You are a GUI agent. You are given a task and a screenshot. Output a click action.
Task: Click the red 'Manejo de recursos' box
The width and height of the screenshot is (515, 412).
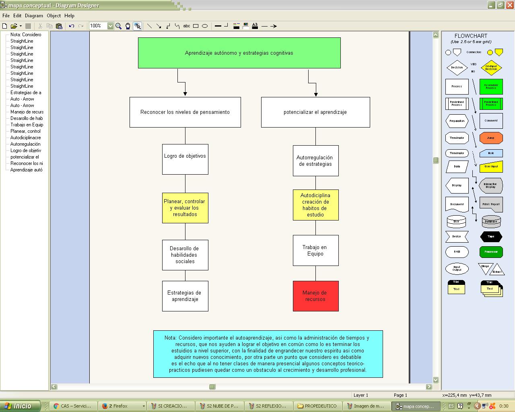point(315,296)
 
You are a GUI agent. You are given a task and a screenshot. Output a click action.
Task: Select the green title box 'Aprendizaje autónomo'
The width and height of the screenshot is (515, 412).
point(239,53)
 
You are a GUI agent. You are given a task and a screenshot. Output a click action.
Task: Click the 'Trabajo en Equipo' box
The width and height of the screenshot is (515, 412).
point(315,250)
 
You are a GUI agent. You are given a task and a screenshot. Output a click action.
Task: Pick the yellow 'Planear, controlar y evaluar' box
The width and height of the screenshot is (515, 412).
point(185,208)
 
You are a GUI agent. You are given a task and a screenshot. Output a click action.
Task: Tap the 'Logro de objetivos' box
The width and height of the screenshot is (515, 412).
point(185,159)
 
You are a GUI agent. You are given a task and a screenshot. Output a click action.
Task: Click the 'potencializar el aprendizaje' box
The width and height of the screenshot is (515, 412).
point(315,112)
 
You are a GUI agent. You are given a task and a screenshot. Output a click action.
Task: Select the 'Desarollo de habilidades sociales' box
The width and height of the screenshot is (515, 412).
point(185,255)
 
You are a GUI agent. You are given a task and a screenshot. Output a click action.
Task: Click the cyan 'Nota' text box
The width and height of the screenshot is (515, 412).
point(268,354)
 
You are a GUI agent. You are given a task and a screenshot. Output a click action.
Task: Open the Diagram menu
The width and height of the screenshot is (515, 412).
point(34,16)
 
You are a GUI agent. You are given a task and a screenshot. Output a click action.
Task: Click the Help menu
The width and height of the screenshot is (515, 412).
point(69,16)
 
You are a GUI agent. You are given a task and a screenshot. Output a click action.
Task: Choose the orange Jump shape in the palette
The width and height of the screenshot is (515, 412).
point(491,138)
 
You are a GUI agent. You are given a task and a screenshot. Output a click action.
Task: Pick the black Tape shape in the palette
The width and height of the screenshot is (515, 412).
point(491,237)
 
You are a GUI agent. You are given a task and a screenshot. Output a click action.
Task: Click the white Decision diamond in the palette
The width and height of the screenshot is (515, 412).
point(457,68)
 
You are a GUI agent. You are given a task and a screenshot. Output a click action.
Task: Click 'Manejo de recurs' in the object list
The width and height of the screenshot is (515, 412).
point(27,112)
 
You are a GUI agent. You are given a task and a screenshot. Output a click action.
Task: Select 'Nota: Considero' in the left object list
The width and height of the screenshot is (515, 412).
point(26,35)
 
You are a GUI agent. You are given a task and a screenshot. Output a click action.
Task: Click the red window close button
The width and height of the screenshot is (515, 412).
point(510,5)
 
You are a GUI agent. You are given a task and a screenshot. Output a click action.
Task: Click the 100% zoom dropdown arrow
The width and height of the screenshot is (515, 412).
point(110,26)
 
